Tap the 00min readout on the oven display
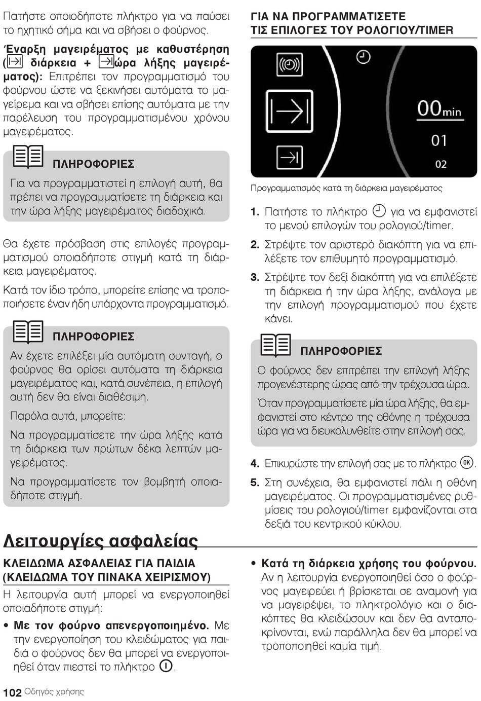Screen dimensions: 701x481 [x=439, y=109]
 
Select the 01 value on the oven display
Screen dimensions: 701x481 [x=439, y=140]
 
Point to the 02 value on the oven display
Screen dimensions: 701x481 [x=440, y=164]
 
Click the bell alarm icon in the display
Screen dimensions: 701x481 [x=290, y=65]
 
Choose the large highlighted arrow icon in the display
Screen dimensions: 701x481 [x=290, y=111]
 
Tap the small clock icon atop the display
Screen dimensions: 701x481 [x=363, y=57]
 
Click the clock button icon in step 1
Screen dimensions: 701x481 [x=379, y=211]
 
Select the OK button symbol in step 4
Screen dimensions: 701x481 [x=466, y=463]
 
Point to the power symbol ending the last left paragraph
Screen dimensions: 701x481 [x=166, y=666]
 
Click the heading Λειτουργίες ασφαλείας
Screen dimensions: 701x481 [x=100, y=541]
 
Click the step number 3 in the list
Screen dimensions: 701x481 [x=255, y=277]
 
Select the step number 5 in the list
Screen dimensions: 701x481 [x=255, y=483]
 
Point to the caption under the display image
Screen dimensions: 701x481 [x=346, y=188]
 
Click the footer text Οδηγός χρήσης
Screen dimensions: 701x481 [x=54, y=692]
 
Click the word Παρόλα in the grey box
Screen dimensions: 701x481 [x=27, y=416]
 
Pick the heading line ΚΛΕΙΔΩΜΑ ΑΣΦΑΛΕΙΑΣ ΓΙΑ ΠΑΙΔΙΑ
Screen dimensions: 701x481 [x=99, y=563]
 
